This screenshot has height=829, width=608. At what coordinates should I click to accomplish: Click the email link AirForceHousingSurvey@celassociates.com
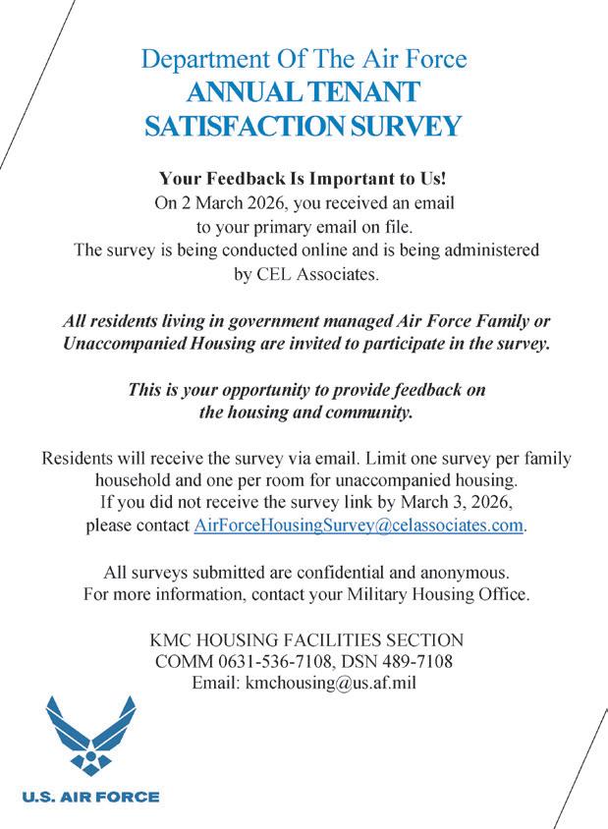click(x=359, y=525)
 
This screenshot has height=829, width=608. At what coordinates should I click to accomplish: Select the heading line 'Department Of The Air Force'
click(x=304, y=59)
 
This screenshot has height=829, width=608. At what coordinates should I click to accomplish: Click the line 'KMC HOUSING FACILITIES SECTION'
click(x=304, y=639)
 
